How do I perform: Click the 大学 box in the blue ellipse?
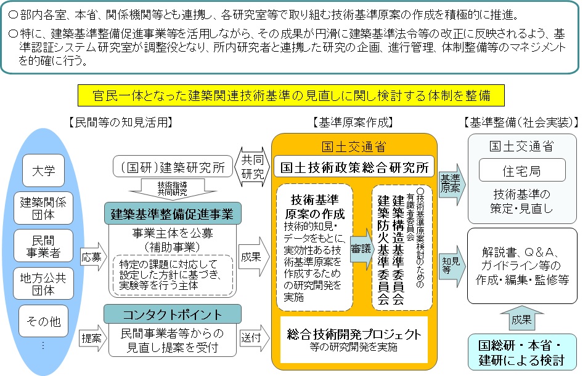[43, 170]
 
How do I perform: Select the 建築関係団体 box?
[43, 207]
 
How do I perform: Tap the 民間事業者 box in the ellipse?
[43, 245]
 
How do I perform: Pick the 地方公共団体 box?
[43, 282]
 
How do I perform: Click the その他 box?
[43, 320]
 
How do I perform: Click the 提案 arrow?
[91, 337]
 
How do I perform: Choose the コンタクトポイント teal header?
[172, 314]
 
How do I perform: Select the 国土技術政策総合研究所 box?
[354, 166]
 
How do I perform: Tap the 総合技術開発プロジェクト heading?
[354, 335]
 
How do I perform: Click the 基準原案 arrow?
[452, 183]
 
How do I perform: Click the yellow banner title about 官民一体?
[291, 96]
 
